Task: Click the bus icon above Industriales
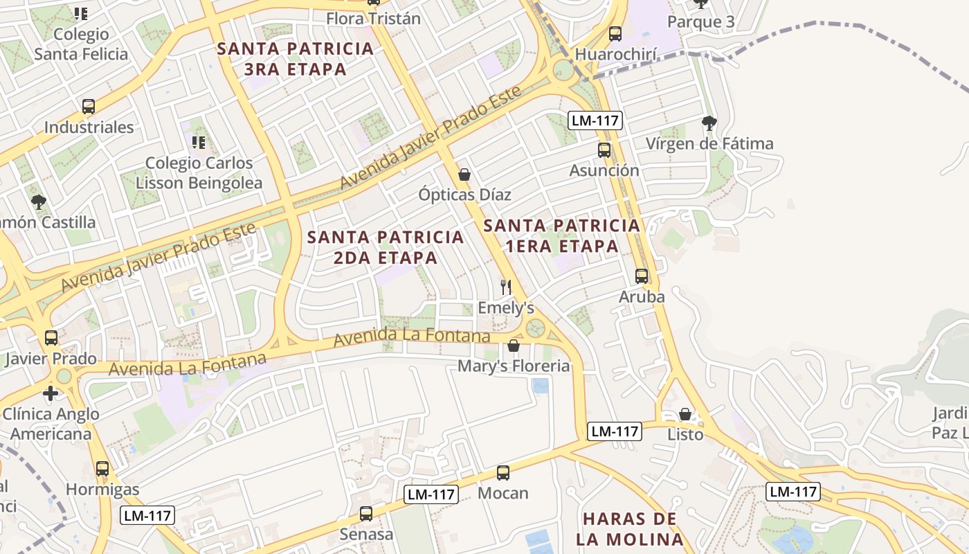[x=89, y=107]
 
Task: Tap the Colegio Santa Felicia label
[x=81, y=44]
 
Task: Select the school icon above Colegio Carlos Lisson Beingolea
[x=199, y=143]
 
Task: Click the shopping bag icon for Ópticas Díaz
[x=464, y=175]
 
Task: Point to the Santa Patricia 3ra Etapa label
[x=296, y=59]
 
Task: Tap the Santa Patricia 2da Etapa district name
[x=386, y=247]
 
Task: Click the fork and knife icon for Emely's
[x=506, y=287]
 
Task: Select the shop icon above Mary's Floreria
[x=514, y=346]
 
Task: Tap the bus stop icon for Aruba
[x=642, y=276]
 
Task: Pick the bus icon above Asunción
[x=604, y=150]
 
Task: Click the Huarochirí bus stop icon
[x=615, y=34]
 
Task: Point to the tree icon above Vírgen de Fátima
[x=709, y=123]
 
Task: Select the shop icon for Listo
[x=685, y=414]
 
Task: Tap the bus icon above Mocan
[x=503, y=473]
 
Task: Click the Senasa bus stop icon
[x=366, y=514]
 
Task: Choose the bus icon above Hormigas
[x=102, y=469]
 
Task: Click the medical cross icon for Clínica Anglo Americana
[x=51, y=393]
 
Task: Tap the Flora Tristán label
[x=373, y=19]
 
